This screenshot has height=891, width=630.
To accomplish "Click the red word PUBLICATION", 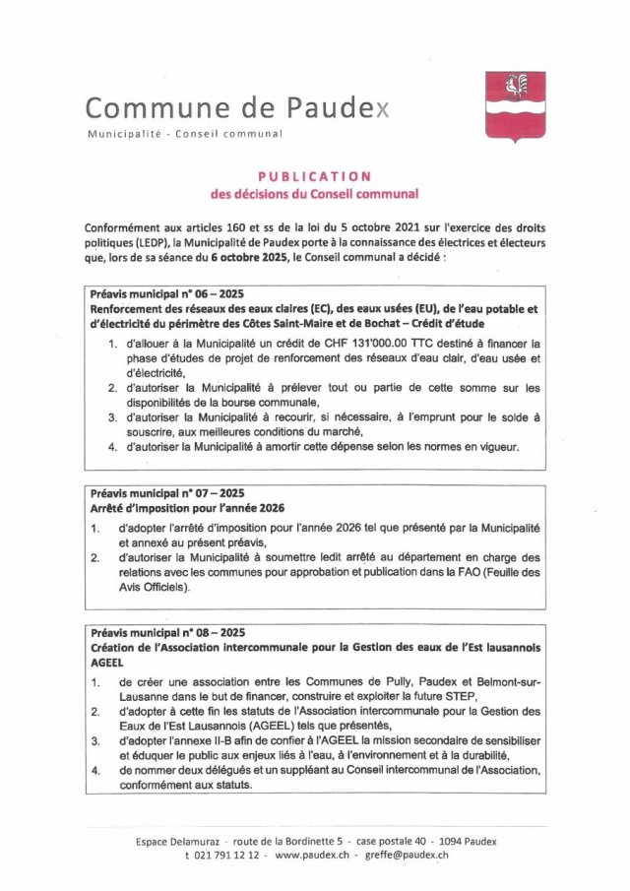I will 315,175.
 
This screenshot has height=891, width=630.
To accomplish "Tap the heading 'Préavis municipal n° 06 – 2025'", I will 166,294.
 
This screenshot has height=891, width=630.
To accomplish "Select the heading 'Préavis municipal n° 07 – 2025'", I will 166,492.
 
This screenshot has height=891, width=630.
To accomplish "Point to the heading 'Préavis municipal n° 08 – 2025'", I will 166,632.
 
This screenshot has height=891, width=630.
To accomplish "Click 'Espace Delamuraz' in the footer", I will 178,841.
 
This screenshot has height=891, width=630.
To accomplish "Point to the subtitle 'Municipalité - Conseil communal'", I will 185,133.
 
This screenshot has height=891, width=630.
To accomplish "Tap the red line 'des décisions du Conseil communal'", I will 315,194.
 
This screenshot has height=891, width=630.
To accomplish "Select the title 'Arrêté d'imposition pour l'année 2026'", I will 187,508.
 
